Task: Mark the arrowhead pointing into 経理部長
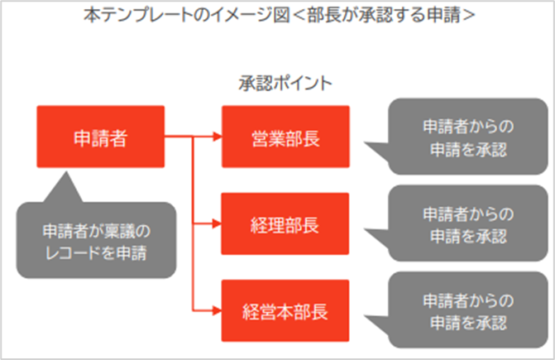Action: (x=217, y=223)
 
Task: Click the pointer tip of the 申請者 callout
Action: (x=65, y=175)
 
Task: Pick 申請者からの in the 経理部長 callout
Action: (x=467, y=213)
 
